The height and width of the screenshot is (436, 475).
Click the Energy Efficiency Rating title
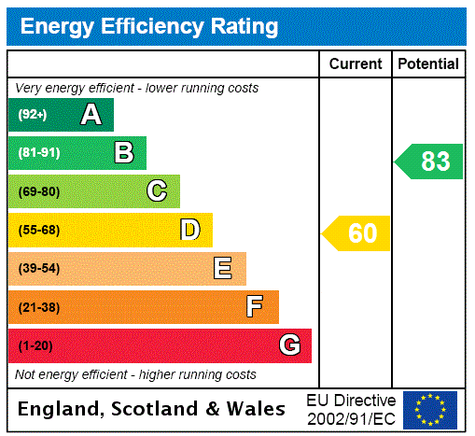[149, 26]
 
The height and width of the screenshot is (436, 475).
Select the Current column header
[356, 64]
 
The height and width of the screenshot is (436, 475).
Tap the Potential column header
[428, 64]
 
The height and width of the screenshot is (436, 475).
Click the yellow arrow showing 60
[356, 233]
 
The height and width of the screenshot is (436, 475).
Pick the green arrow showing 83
[429, 162]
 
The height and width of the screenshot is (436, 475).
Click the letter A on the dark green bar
[91, 115]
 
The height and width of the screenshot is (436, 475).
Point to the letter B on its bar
[123, 153]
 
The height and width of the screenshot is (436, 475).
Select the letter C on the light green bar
[157, 191]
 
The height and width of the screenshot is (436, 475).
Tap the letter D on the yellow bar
[190, 230]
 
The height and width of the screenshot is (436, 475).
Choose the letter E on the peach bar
[223, 269]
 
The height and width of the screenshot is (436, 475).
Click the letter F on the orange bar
[255, 307]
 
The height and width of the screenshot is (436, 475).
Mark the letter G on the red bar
[290, 345]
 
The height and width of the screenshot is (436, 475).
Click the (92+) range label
[33, 115]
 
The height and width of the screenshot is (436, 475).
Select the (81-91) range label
[38, 153]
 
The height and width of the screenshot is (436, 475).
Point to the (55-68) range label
[38, 231]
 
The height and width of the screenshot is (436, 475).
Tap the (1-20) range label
[35, 346]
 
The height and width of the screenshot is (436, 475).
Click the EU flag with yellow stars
[430, 410]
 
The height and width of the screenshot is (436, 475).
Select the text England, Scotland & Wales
[152, 409]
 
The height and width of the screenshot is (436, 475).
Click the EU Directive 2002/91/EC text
[351, 409]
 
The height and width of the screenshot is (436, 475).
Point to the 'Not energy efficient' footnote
[135, 374]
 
